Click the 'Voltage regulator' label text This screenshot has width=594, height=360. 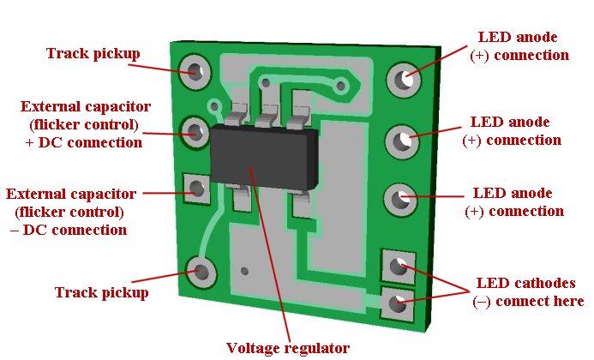click(x=287, y=348)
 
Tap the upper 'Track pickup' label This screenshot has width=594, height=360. click(x=93, y=54)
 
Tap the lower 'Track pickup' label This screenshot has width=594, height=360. click(x=101, y=292)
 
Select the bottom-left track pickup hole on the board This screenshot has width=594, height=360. click(x=202, y=273)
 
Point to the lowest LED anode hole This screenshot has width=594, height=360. click(x=399, y=200)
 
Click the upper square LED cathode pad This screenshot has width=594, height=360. click(x=396, y=266)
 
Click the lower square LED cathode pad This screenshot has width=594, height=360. click(x=395, y=302)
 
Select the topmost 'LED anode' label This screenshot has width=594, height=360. click(x=518, y=38)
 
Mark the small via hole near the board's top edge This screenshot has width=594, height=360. click(x=342, y=85)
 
